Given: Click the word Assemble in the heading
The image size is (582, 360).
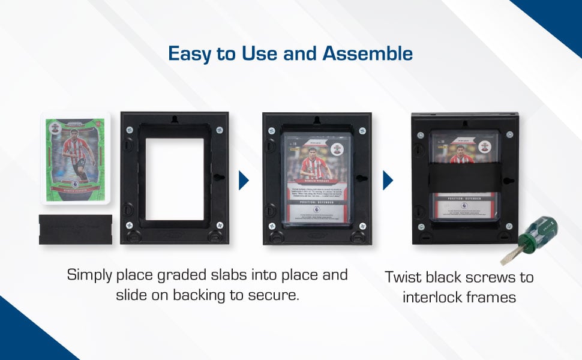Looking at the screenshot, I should tap(367, 53).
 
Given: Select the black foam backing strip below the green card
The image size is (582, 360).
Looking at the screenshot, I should tap(75, 229).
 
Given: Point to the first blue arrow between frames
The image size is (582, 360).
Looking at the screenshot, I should tap(244, 180).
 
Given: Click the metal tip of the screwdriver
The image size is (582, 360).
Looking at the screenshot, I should tap(509, 257).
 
